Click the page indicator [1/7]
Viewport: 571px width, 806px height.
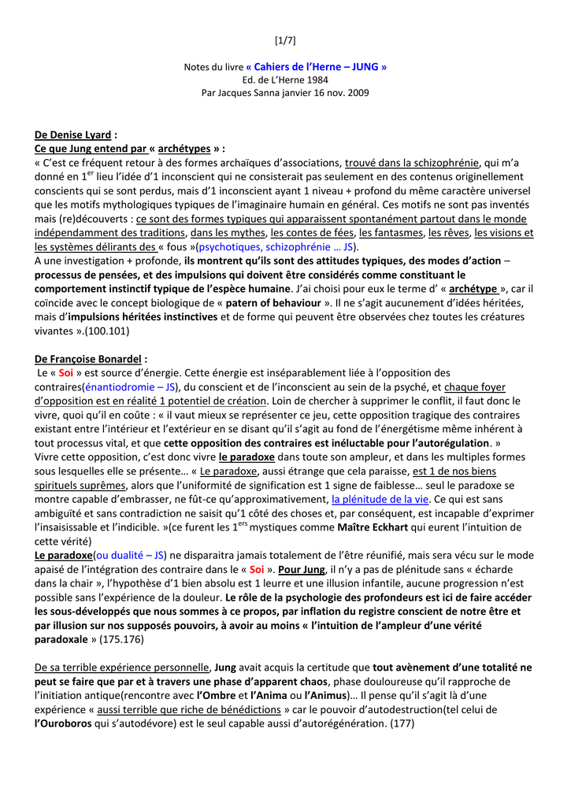point(285,40)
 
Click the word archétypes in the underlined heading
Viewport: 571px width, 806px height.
point(184,148)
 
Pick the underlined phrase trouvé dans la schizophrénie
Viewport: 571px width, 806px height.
point(413,163)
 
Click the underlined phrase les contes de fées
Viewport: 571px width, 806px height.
point(313,233)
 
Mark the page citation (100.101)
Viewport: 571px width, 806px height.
point(88,330)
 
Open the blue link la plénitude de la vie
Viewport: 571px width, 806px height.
point(380,499)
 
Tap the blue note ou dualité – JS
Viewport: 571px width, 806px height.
point(128,555)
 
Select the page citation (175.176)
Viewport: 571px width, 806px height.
point(117,639)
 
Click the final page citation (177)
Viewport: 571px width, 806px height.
point(400,723)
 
